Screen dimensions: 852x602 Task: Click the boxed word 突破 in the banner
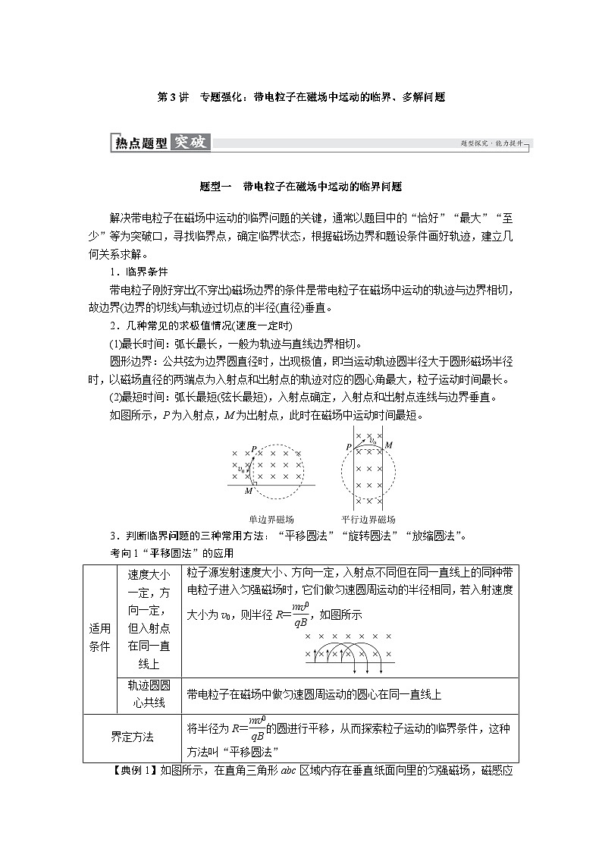point(190,142)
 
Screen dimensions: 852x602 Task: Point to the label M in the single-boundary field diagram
point(248,492)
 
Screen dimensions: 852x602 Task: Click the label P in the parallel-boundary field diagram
point(349,448)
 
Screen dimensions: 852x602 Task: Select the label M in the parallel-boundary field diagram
point(388,445)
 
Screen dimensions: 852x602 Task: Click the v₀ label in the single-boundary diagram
point(241,470)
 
